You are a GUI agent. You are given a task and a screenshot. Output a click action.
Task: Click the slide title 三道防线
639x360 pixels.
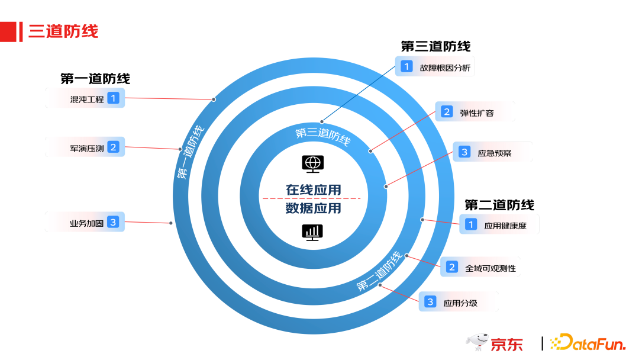click(x=63, y=31)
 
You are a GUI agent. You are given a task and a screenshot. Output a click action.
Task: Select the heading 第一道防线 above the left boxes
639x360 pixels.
click(x=95, y=78)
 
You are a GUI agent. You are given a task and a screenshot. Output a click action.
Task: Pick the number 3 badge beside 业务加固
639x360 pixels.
click(x=113, y=223)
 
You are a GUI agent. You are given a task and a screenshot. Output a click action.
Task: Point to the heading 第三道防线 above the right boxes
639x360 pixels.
click(x=435, y=46)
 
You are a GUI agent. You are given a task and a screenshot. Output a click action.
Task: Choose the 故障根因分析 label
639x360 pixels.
click(x=445, y=67)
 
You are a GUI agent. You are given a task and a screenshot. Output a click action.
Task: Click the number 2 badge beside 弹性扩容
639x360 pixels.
click(x=446, y=112)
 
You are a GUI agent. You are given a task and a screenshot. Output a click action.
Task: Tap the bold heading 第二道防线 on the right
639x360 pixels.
click(x=499, y=205)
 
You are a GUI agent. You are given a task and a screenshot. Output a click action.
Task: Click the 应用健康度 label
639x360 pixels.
click(x=505, y=225)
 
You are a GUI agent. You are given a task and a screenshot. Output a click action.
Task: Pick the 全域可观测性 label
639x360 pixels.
click(x=490, y=268)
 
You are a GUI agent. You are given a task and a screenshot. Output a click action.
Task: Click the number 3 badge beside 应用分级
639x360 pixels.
click(x=430, y=302)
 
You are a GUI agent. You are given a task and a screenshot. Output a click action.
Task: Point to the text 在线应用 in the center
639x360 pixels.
click(x=314, y=189)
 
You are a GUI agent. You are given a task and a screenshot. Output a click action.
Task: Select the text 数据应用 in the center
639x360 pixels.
click(x=314, y=208)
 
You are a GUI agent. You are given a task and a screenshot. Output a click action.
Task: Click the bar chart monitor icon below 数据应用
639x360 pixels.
click(x=312, y=232)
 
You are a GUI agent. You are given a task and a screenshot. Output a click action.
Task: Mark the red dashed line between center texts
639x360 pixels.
click(x=314, y=198)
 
